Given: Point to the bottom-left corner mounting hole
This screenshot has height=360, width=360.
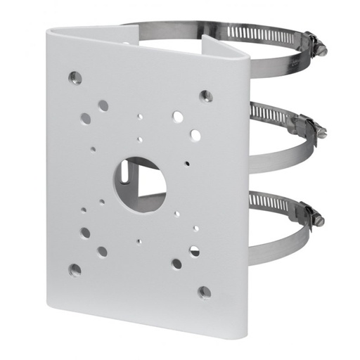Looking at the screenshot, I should pos(75,269).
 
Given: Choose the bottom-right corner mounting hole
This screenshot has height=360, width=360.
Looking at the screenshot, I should pos(205,291).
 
